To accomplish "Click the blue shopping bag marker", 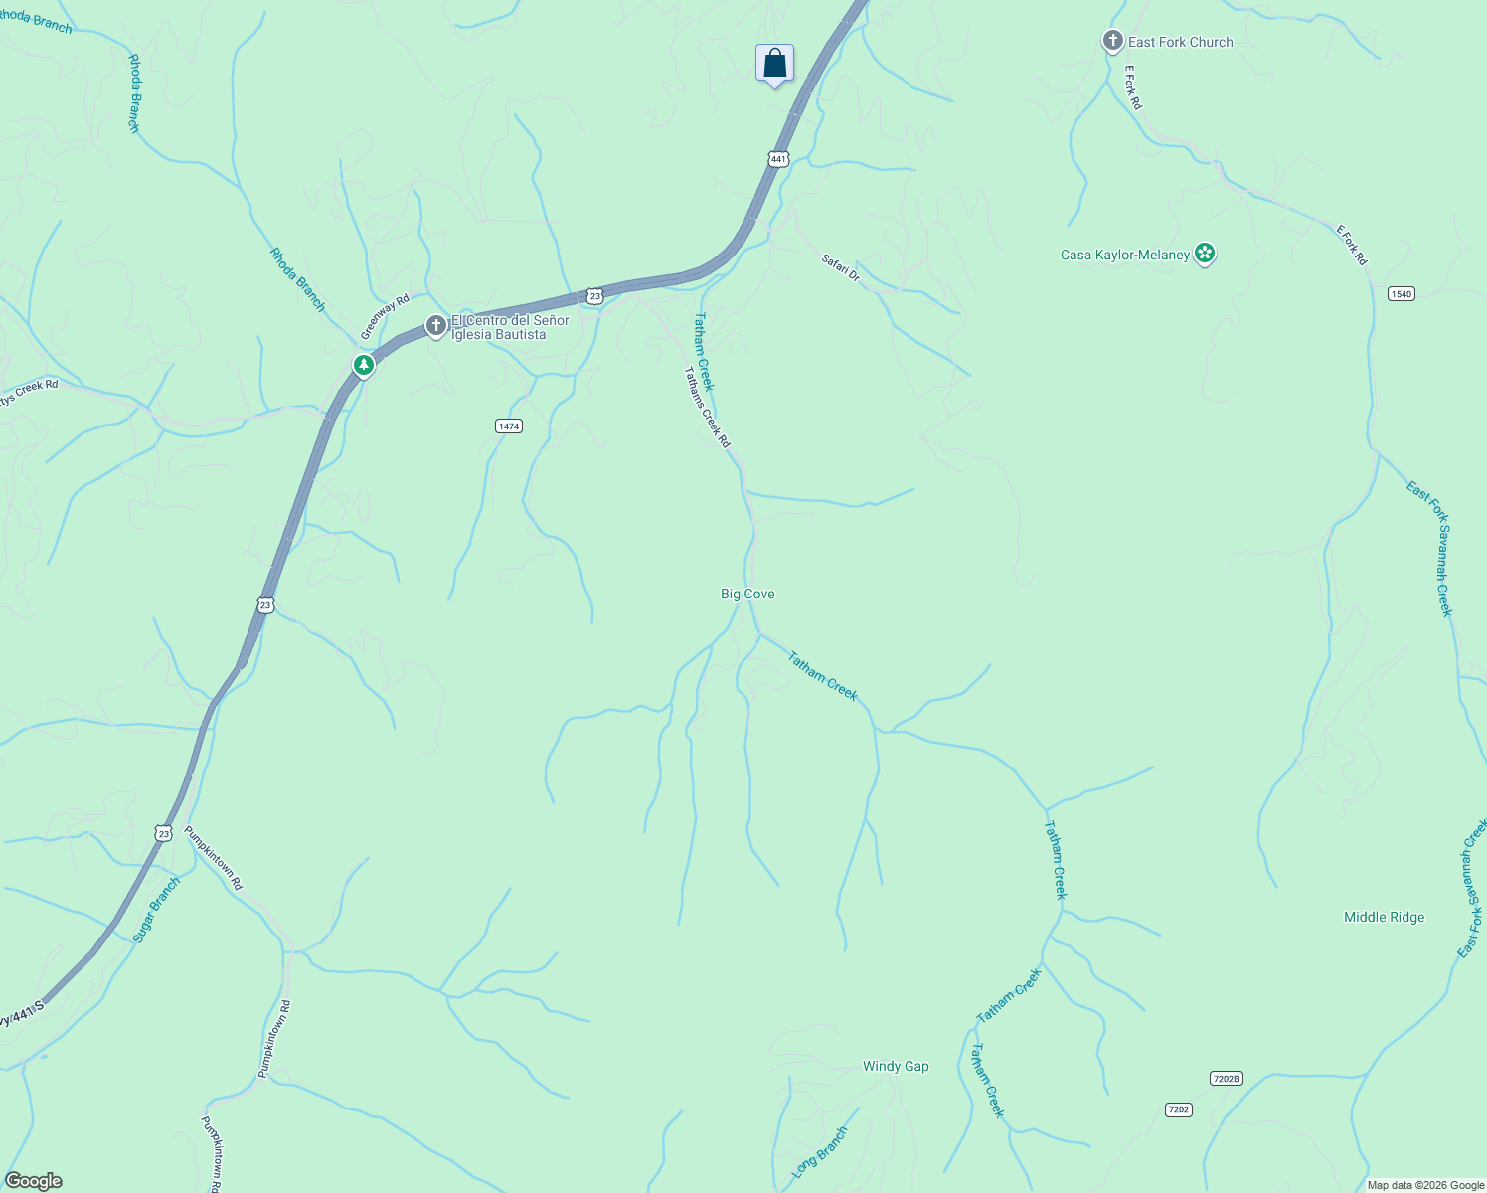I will pos(774,64).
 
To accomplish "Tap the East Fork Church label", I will pos(1180,42).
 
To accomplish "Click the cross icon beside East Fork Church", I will pos(1112,41).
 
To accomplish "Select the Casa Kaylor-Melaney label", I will pos(1124,255).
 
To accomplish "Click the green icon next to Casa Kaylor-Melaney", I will pos(1205,254).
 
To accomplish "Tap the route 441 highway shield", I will pos(778,159).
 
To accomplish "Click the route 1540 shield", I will pos(1402,293).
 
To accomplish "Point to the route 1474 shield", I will pos(508,426).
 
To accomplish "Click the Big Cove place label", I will pos(747,594).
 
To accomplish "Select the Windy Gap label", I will pos(896,1066).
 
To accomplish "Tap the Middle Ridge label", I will pos(1384,917).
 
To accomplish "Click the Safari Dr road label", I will pos(840,267).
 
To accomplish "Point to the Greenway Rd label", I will pos(385,316).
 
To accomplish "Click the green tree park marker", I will pos(364,365).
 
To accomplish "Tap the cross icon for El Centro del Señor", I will pos(435,325).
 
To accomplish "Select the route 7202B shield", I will pos(1227,1079).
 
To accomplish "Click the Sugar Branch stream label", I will pos(157,909).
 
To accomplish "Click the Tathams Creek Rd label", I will pos(707,407).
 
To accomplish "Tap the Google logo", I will pos(34,1181).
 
